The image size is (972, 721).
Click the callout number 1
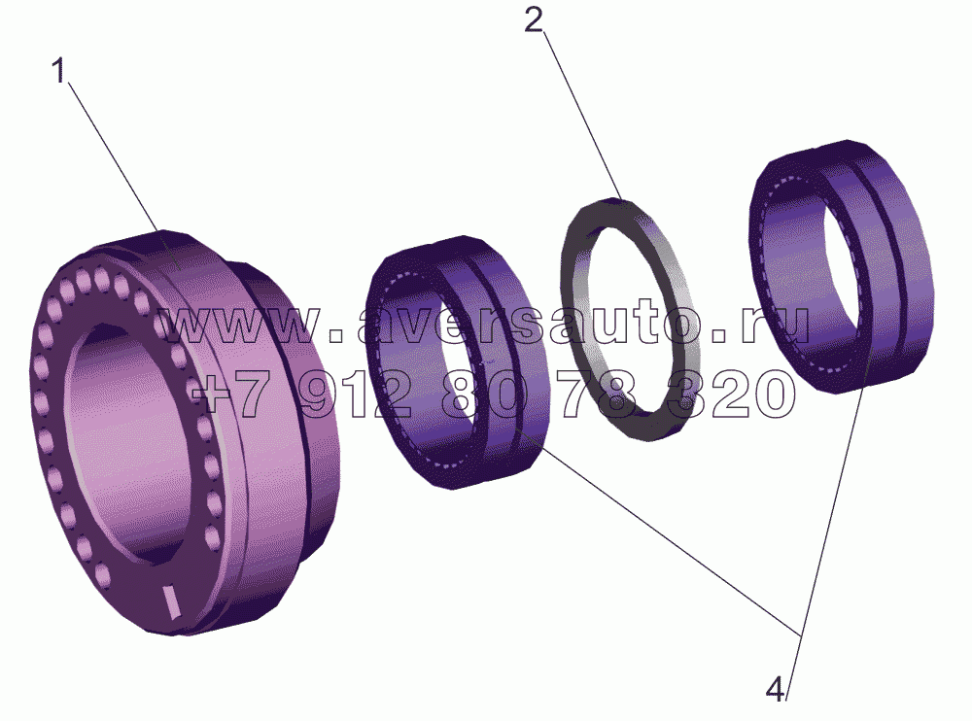[58, 71]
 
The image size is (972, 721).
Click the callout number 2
[533, 21]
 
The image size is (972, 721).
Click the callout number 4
[776, 689]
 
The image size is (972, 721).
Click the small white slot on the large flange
[168, 599]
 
